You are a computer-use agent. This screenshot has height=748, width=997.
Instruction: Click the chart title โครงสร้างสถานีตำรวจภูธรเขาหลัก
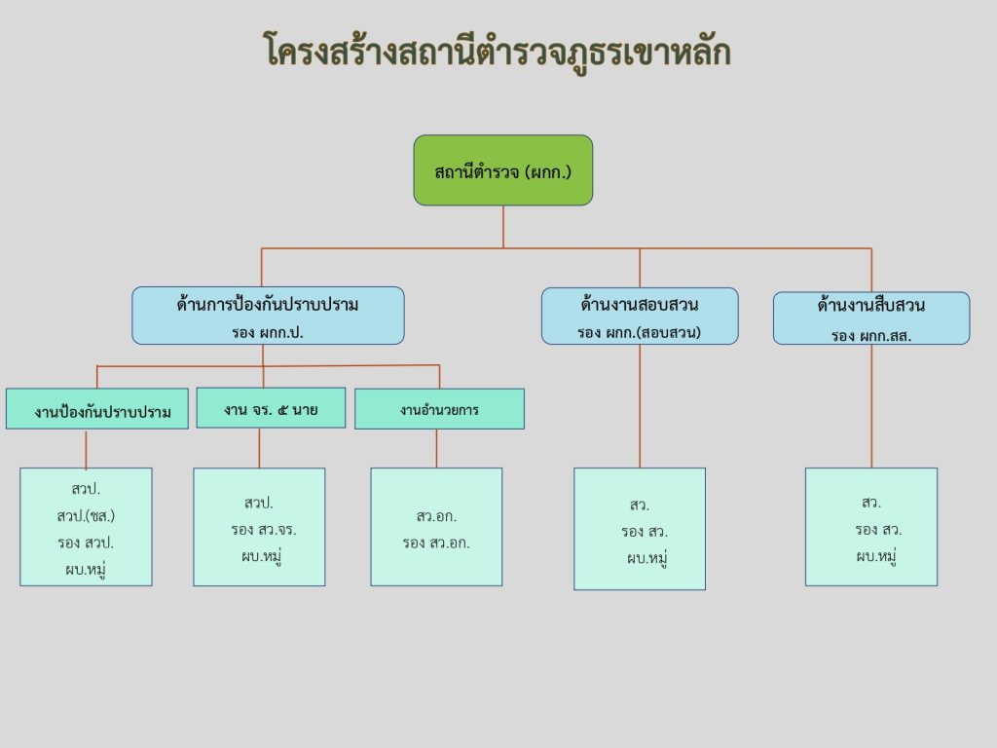click(498, 52)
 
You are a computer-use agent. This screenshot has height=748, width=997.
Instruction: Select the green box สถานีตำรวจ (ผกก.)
click(502, 170)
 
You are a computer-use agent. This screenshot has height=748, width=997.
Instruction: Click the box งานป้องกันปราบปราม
click(96, 410)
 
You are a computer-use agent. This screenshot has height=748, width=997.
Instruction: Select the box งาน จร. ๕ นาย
click(271, 408)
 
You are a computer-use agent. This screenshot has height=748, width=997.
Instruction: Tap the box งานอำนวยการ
click(438, 409)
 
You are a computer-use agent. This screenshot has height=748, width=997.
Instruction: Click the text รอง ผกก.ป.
click(268, 331)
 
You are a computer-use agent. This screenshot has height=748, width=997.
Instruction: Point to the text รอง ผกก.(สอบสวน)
click(639, 331)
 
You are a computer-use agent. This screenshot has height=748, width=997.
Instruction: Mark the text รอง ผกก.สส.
click(870, 334)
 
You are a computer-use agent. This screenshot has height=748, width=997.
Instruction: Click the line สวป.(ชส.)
click(86, 515)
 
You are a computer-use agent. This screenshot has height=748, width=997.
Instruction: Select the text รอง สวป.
click(86, 542)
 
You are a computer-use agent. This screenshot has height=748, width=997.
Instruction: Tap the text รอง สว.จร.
click(258, 530)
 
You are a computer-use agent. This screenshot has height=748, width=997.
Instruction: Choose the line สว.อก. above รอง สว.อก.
click(436, 516)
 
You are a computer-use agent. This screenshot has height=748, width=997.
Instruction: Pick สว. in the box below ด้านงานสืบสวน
click(870, 503)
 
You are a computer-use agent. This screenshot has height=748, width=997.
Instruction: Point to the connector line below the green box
click(503, 226)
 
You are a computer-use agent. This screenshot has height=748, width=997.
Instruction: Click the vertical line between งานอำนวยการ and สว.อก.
click(436, 448)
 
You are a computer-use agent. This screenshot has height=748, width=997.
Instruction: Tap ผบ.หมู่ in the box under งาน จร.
click(259, 556)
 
